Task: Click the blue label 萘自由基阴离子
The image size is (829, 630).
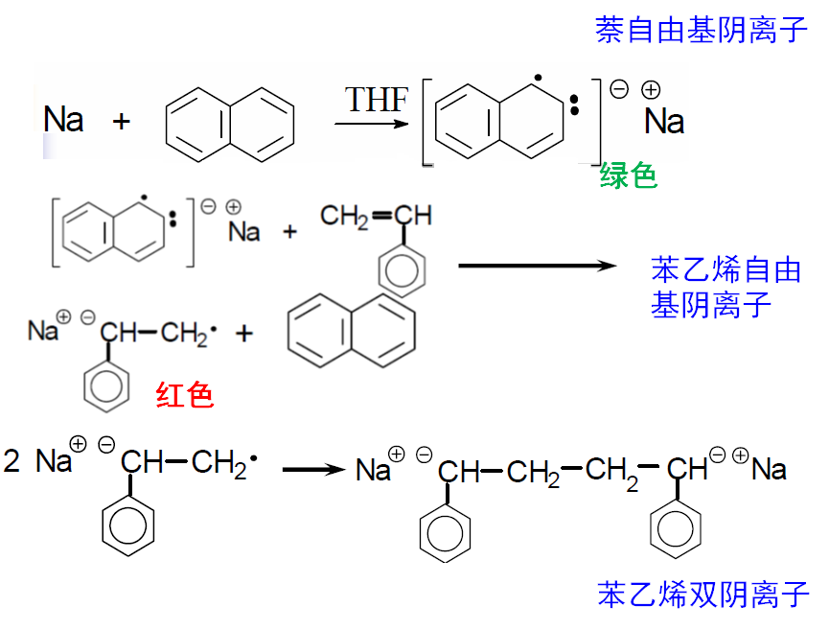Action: (x=702, y=30)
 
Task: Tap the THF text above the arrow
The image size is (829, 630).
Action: (x=376, y=100)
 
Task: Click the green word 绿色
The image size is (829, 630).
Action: (x=629, y=175)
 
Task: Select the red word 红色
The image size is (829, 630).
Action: (x=185, y=394)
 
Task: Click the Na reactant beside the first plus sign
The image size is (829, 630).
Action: (x=63, y=120)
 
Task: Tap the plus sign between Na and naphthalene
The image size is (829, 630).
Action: (x=122, y=121)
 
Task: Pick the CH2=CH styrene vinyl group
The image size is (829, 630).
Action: (x=375, y=216)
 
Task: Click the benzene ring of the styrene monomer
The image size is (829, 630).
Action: (x=401, y=269)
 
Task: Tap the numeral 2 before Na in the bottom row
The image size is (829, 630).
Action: (x=12, y=462)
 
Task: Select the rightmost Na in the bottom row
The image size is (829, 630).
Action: (x=769, y=469)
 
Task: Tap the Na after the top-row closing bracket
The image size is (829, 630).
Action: (x=664, y=122)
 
